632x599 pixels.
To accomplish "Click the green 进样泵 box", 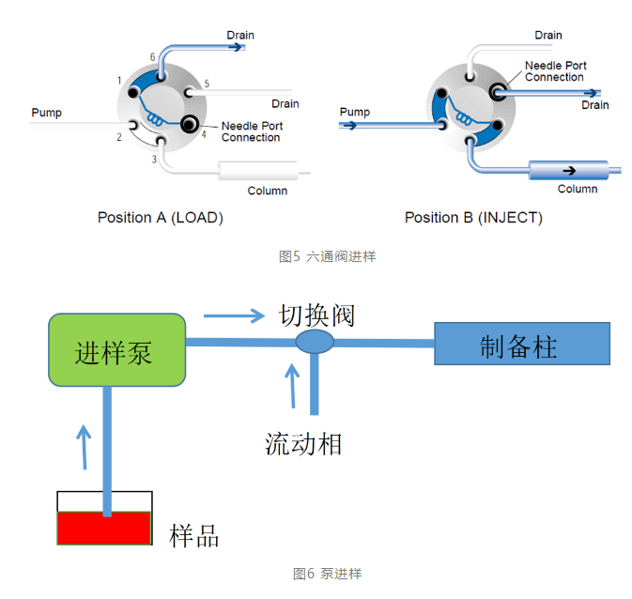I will [x=116, y=349].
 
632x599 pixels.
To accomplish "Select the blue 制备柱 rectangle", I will [x=521, y=344].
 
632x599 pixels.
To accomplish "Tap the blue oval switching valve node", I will [x=314, y=342].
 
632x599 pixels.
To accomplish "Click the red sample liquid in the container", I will [x=104, y=528].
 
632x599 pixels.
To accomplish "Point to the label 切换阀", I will [x=316, y=314].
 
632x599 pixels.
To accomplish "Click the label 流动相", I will [x=302, y=442].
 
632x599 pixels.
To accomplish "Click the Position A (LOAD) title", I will [x=160, y=218].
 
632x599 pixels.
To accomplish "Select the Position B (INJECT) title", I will [x=473, y=218].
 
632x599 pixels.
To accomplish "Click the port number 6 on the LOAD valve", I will [x=152, y=57].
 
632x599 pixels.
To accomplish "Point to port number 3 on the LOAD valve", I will [x=154, y=160].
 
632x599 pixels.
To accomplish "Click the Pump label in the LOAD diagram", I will [x=46, y=113].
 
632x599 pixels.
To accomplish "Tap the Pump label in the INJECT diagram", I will [x=354, y=112].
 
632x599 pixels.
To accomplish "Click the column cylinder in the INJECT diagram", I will [x=568, y=170].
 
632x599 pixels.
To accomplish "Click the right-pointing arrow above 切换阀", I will [x=235, y=315].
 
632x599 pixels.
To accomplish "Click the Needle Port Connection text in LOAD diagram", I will [x=251, y=131].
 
